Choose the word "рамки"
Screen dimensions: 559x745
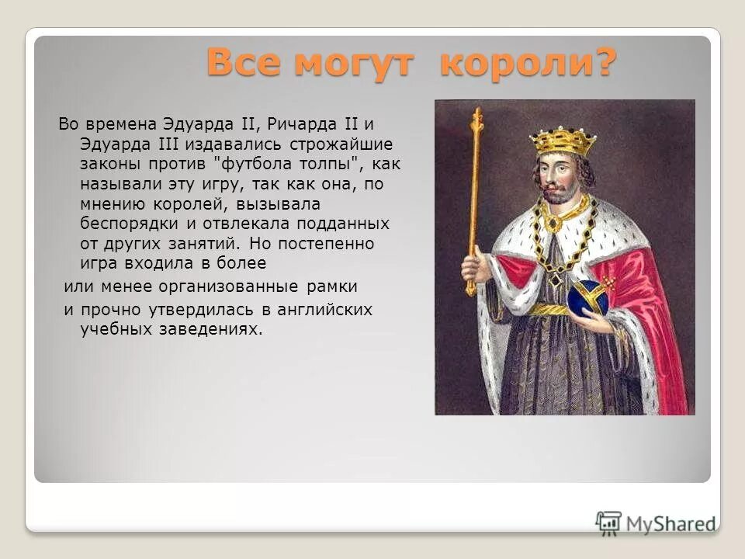coord(331,286)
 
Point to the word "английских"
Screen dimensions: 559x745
coord(327,310)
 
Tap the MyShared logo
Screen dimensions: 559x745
coord(655,523)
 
